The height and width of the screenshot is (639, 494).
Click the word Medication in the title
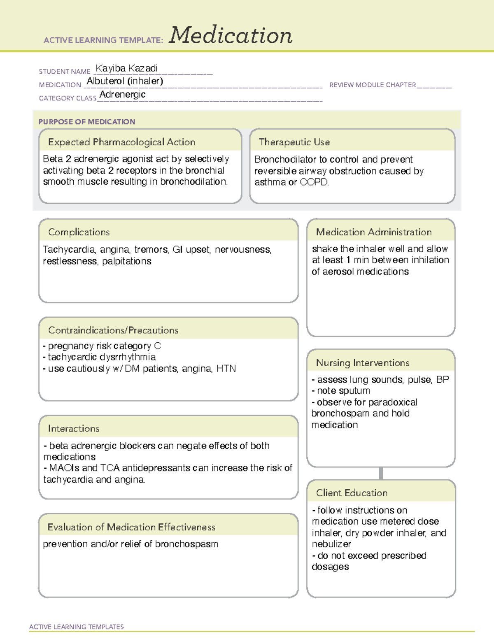231,35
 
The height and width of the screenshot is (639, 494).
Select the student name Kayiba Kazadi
126,68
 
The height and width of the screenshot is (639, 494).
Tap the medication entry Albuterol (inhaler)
125,81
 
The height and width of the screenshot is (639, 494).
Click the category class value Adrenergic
122,95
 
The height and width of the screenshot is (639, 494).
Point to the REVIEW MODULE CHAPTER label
373,85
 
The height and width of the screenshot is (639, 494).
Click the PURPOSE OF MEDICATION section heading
86,122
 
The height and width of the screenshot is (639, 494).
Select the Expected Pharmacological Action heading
121,142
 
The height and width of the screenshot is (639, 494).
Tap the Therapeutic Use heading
294,142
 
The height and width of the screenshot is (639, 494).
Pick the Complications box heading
79,232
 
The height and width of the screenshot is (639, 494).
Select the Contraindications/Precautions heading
113,330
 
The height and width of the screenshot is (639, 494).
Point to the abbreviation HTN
226,369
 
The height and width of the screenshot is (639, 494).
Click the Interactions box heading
73,429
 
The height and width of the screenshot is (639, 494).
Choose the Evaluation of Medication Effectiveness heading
131,527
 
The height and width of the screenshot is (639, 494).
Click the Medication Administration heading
373,232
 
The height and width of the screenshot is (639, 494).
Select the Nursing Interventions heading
362,363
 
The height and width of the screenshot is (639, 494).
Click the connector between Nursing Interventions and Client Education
381,473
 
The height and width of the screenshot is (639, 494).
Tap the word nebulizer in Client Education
331,544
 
